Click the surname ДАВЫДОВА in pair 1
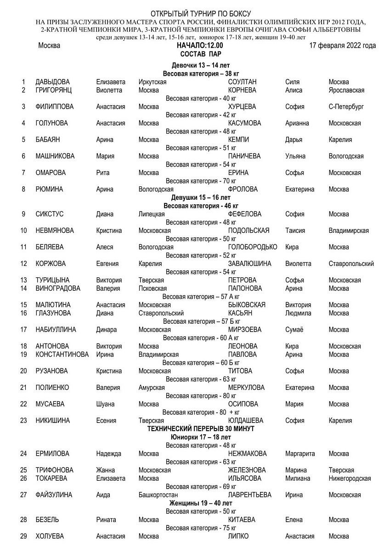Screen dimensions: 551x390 (52, 82)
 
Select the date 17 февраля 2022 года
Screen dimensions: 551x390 (342, 45)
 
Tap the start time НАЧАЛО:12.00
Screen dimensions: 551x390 (200, 45)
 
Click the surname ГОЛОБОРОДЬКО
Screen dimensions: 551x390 (253, 247)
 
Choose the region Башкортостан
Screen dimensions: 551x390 (158, 495)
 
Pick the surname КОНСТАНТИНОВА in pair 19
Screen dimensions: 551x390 (62, 354)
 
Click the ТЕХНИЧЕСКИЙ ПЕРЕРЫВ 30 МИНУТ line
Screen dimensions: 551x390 (201, 428)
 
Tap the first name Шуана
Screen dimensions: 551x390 (105, 404)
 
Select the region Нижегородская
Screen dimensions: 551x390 (350, 478)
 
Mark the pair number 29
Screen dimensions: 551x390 (23, 536)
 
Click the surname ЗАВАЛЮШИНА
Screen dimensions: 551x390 (249, 264)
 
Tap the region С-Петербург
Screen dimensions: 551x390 (346, 107)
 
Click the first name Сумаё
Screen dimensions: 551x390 (294, 330)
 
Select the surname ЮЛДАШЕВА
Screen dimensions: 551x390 (245, 421)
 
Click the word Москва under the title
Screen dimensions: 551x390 (49, 45)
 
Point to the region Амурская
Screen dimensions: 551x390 (152, 388)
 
